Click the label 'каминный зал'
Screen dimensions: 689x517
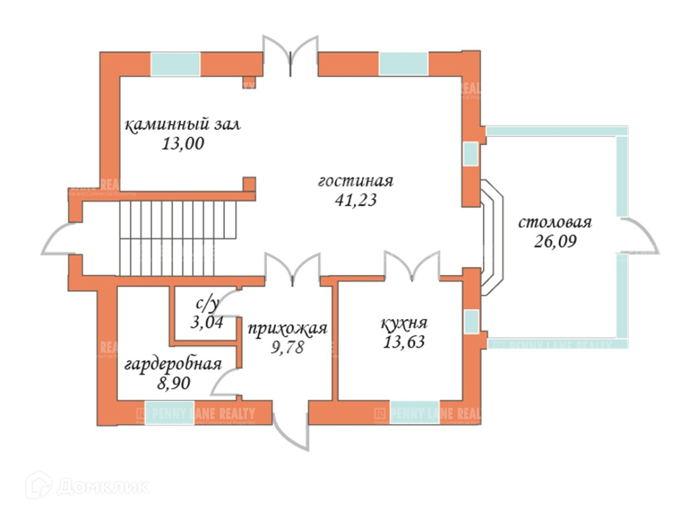pos(183,125)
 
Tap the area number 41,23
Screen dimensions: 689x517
pos(355,200)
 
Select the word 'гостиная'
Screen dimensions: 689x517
pos(355,181)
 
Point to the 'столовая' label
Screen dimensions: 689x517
pos(555,222)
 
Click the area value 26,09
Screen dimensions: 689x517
pos(555,241)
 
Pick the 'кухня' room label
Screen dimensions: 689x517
pos(404,323)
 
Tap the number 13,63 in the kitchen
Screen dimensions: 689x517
pos(404,341)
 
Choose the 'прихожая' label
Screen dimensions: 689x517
pos(287,328)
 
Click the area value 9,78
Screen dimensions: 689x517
pos(287,347)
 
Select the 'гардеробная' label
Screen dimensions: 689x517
pos(173,364)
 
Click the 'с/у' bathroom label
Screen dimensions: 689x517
pos(207,305)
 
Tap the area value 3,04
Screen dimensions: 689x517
pos(207,322)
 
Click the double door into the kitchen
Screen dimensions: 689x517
pos(412,268)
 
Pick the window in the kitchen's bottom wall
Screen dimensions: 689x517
pos(414,413)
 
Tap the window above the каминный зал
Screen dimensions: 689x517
pos(175,64)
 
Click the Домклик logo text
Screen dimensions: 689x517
pos(102,487)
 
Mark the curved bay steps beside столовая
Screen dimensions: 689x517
pos(492,237)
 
